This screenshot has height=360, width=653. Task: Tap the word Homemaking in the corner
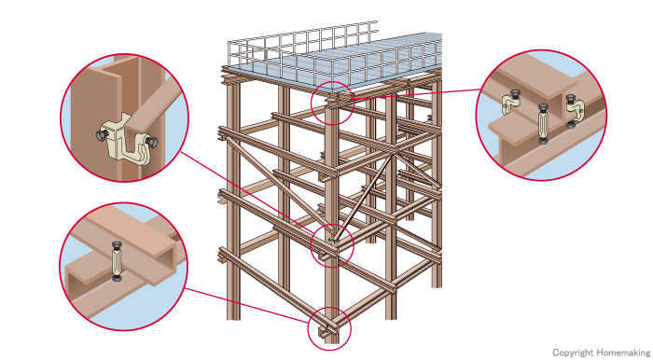623,353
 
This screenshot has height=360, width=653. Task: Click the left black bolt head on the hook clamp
102,135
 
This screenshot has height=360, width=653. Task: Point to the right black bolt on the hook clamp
151,143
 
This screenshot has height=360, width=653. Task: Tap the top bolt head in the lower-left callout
117,245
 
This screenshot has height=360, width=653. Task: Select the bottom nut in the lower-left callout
117,278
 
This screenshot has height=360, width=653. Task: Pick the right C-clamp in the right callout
574,109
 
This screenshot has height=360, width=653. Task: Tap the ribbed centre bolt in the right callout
542,124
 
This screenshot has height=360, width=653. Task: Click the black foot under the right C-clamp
571,124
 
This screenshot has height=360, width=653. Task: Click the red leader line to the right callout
417,94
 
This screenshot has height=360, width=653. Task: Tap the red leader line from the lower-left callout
248,305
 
